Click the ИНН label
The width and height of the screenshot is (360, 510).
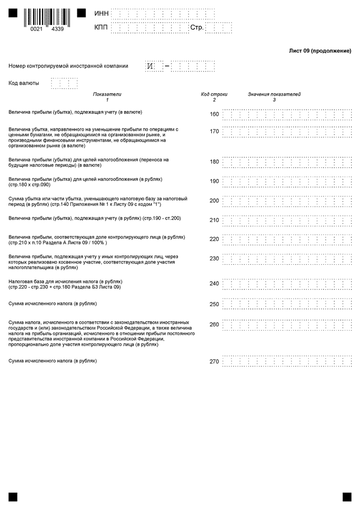click(x=102, y=13)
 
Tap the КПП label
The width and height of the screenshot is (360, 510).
click(x=101, y=27)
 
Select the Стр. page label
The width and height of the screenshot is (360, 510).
click(x=197, y=27)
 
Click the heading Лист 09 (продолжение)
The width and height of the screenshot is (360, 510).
click(x=320, y=51)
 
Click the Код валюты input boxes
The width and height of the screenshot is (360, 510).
click(x=64, y=83)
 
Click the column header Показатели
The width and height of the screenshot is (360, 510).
click(x=107, y=94)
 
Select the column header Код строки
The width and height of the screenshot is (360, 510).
click(x=214, y=94)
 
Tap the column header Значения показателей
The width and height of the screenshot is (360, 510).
click(x=274, y=94)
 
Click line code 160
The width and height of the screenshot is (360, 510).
click(x=214, y=114)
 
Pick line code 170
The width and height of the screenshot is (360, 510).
click(x=214, y=131)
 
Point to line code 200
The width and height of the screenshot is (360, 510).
click(x=214, y=201)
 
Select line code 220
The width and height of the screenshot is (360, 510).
click(x=214, y=239)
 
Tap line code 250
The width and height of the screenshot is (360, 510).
click(x=214, y=304)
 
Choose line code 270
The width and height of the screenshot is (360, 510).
click(x=214, y=361)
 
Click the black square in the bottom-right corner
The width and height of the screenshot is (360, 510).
click(x=346, y=497)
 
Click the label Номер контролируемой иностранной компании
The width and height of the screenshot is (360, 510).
click(x=69, y=66)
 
